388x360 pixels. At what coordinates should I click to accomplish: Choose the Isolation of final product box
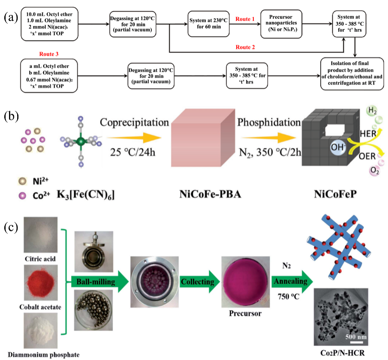click(x=355, y=75)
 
